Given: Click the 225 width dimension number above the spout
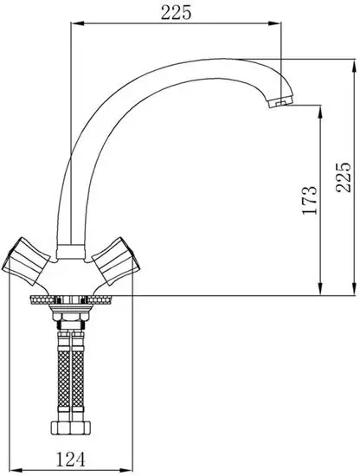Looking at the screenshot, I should tap(176, 12).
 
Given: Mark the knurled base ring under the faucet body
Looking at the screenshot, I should tap(72, 299).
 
